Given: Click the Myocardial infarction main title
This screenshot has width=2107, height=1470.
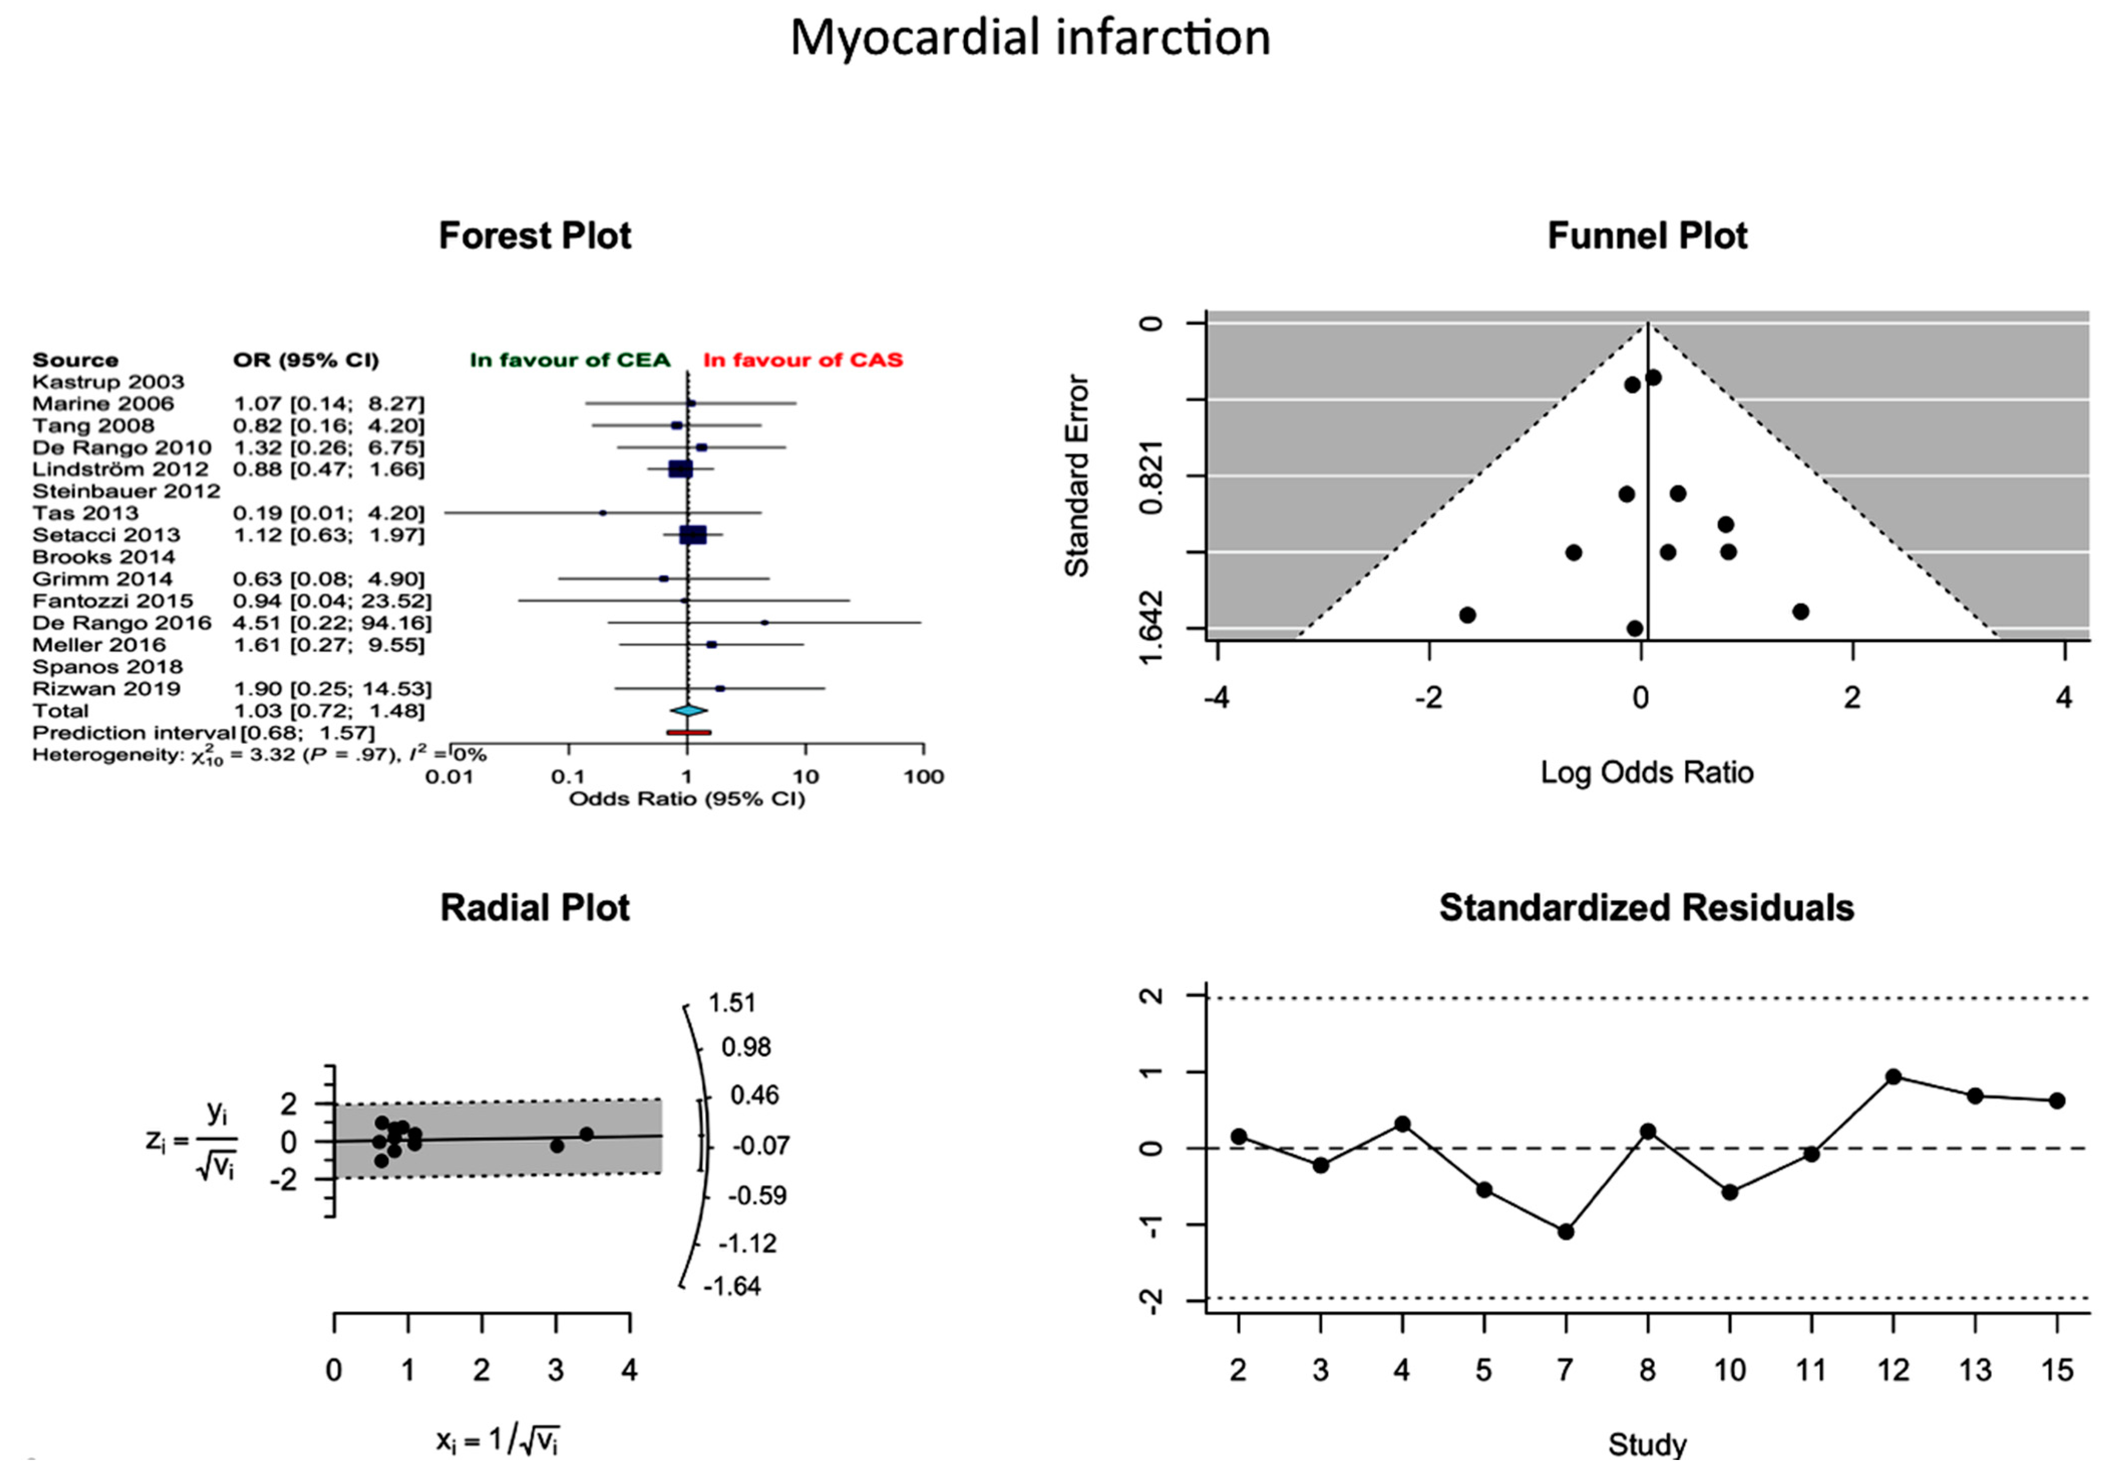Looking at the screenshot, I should [1030, 39].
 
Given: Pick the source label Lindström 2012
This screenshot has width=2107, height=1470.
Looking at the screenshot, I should [120, 470].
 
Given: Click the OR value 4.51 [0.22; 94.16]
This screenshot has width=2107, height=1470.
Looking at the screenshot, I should [332, 623].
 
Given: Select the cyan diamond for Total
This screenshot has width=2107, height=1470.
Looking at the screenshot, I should [688, 710].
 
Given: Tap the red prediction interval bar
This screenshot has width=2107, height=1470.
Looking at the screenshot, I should [688, 732].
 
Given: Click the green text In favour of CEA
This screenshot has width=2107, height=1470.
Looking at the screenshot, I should [570, 360].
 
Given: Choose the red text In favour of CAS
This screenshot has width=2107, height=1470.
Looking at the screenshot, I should [803, 360].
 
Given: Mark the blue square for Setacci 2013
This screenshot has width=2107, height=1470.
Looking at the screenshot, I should [693, 535].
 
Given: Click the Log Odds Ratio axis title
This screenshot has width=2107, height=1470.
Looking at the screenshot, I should [1646, 773].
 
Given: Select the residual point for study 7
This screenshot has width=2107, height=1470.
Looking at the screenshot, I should [1566, 1231].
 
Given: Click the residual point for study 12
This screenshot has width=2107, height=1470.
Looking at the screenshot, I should [1893, 1077].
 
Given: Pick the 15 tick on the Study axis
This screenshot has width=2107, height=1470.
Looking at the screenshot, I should [2056, 1371].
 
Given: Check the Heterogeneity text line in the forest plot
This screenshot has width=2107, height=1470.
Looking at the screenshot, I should [259, 755].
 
